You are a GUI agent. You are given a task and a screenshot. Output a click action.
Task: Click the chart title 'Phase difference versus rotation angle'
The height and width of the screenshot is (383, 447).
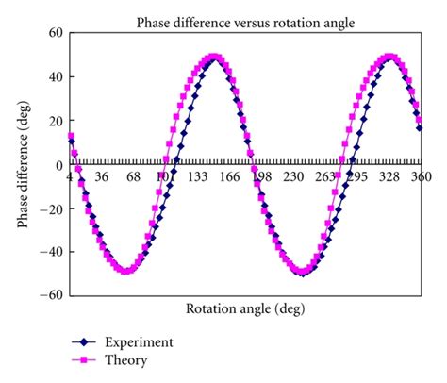pyautogui.click(x=246, y=21)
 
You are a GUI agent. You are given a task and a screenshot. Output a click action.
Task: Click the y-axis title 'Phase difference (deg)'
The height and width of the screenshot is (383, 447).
pyautogui.click(x=22, y=163)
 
